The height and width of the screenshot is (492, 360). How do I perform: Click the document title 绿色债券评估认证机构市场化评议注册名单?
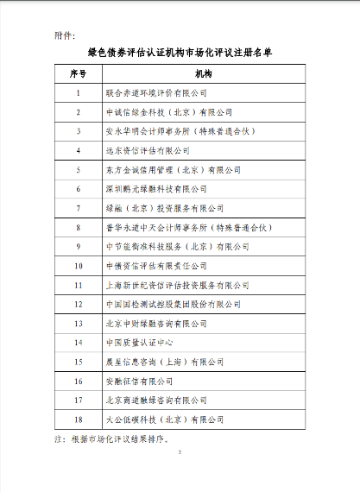[x=180, y=53]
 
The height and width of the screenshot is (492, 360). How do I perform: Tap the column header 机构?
[x=205, y=75]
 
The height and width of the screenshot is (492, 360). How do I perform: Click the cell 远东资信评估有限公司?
[x=146, y=150]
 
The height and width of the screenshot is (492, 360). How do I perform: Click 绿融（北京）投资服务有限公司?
[x=163, y=208]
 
